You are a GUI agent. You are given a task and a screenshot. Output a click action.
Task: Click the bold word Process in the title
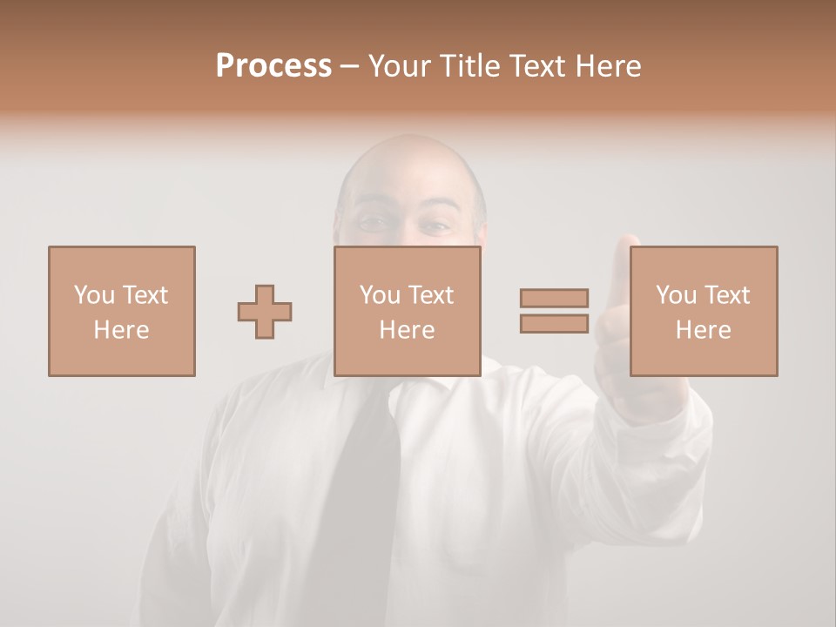(273, 66)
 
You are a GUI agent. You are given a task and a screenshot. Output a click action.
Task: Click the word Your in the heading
(401, 66)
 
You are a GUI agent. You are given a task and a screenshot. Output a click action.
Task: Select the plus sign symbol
(265, 312)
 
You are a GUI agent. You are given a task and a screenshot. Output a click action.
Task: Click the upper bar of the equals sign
(554, 298)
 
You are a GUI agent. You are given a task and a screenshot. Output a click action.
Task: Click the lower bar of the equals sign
(554, 323)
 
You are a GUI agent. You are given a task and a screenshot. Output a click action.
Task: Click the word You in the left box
(93, 295)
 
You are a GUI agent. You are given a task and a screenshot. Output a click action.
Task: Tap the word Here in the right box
(704, 330)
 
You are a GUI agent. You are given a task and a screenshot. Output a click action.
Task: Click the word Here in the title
(610, 66)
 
